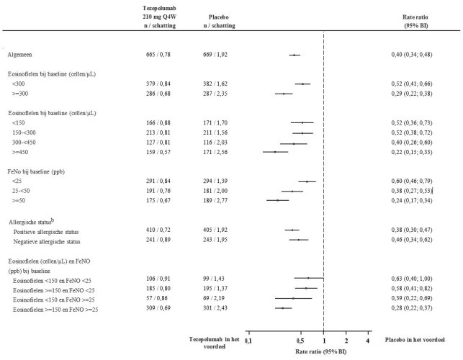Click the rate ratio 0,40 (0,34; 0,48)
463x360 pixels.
pos(415,55)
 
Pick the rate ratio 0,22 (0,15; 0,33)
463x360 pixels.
pos(415,152)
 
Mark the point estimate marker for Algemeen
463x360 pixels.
pos(294,55)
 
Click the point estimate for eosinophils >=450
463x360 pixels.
pos(274,152)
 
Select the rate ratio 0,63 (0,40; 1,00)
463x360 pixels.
pos(415,277)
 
